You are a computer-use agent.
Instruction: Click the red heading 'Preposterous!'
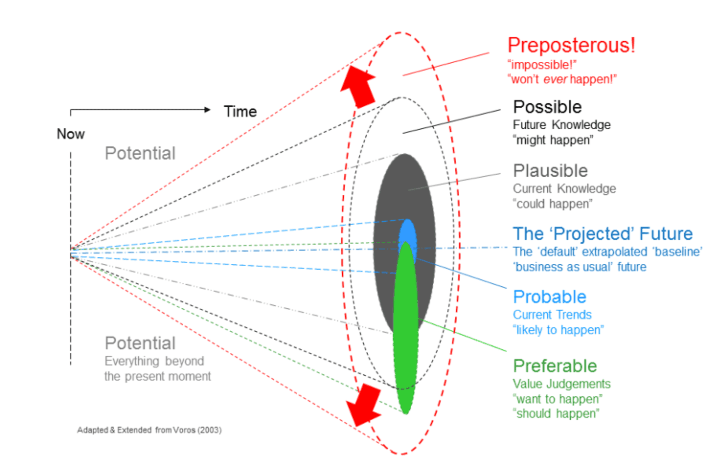pyautogui.click(x=571, y=45)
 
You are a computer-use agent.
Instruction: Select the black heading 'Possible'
pyautogui.click(x=547, y=107)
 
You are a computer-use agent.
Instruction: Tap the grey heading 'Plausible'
pyautogui.click(x=550, y=171)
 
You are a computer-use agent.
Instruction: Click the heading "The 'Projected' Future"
pyautogui.click(x=603, y=234)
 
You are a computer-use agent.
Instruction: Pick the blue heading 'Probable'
pyautogui.click(x=549, y=297)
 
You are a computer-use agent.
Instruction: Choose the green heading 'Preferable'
pyautogui.click(x=555, y=366)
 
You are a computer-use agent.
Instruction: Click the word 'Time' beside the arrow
pyautogui.click(x=240, y=112)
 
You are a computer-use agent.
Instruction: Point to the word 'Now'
pyautogui.click(x=71, y=134)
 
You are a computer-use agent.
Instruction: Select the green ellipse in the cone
pyautogui.click(x=406, y=328)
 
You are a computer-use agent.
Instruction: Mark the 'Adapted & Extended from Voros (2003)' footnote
pyautogui.click(x=149, y=430)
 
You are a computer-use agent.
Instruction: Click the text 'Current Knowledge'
pyautogui.click(x=564, y=189)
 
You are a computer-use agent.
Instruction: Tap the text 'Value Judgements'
pyautogui.click(x=562, y=384)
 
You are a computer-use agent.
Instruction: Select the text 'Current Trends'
pyautogui.click(x=552, y=315)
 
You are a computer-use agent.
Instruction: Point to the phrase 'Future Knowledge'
pyautogui.click(x=562, y=125)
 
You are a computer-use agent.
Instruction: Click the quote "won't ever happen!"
pyautogui.click(x=562, y=79)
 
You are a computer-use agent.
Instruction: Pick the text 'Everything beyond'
pyautogui.click(x=154, y=361)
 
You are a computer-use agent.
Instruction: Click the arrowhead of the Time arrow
pyautogui.click(x=208, y=110)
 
